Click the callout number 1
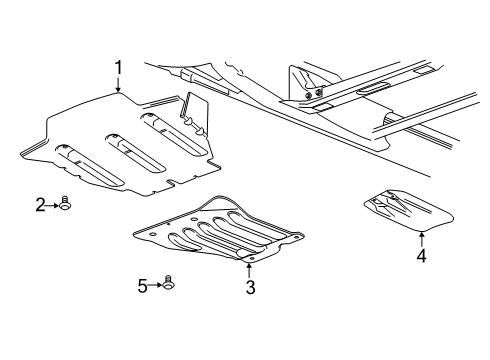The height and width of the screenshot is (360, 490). pyautogui.click(x=118, y=68)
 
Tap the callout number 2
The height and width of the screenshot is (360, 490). pyautogui.click(x=41, y=205)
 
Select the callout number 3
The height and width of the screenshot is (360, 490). pyautogui.click(x=251, y=288)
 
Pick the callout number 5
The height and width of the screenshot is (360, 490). pyautogui.click(x=143, y=286)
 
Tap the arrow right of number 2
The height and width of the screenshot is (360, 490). pyautogui.click(x=53, y=205)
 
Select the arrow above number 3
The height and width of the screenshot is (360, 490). pyautogui.click(x=251, y=269)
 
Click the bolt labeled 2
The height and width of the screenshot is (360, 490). pyautogui.click(x=65, y=206)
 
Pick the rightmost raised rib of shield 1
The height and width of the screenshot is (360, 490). pyautogui.click(x=172, y=134)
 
